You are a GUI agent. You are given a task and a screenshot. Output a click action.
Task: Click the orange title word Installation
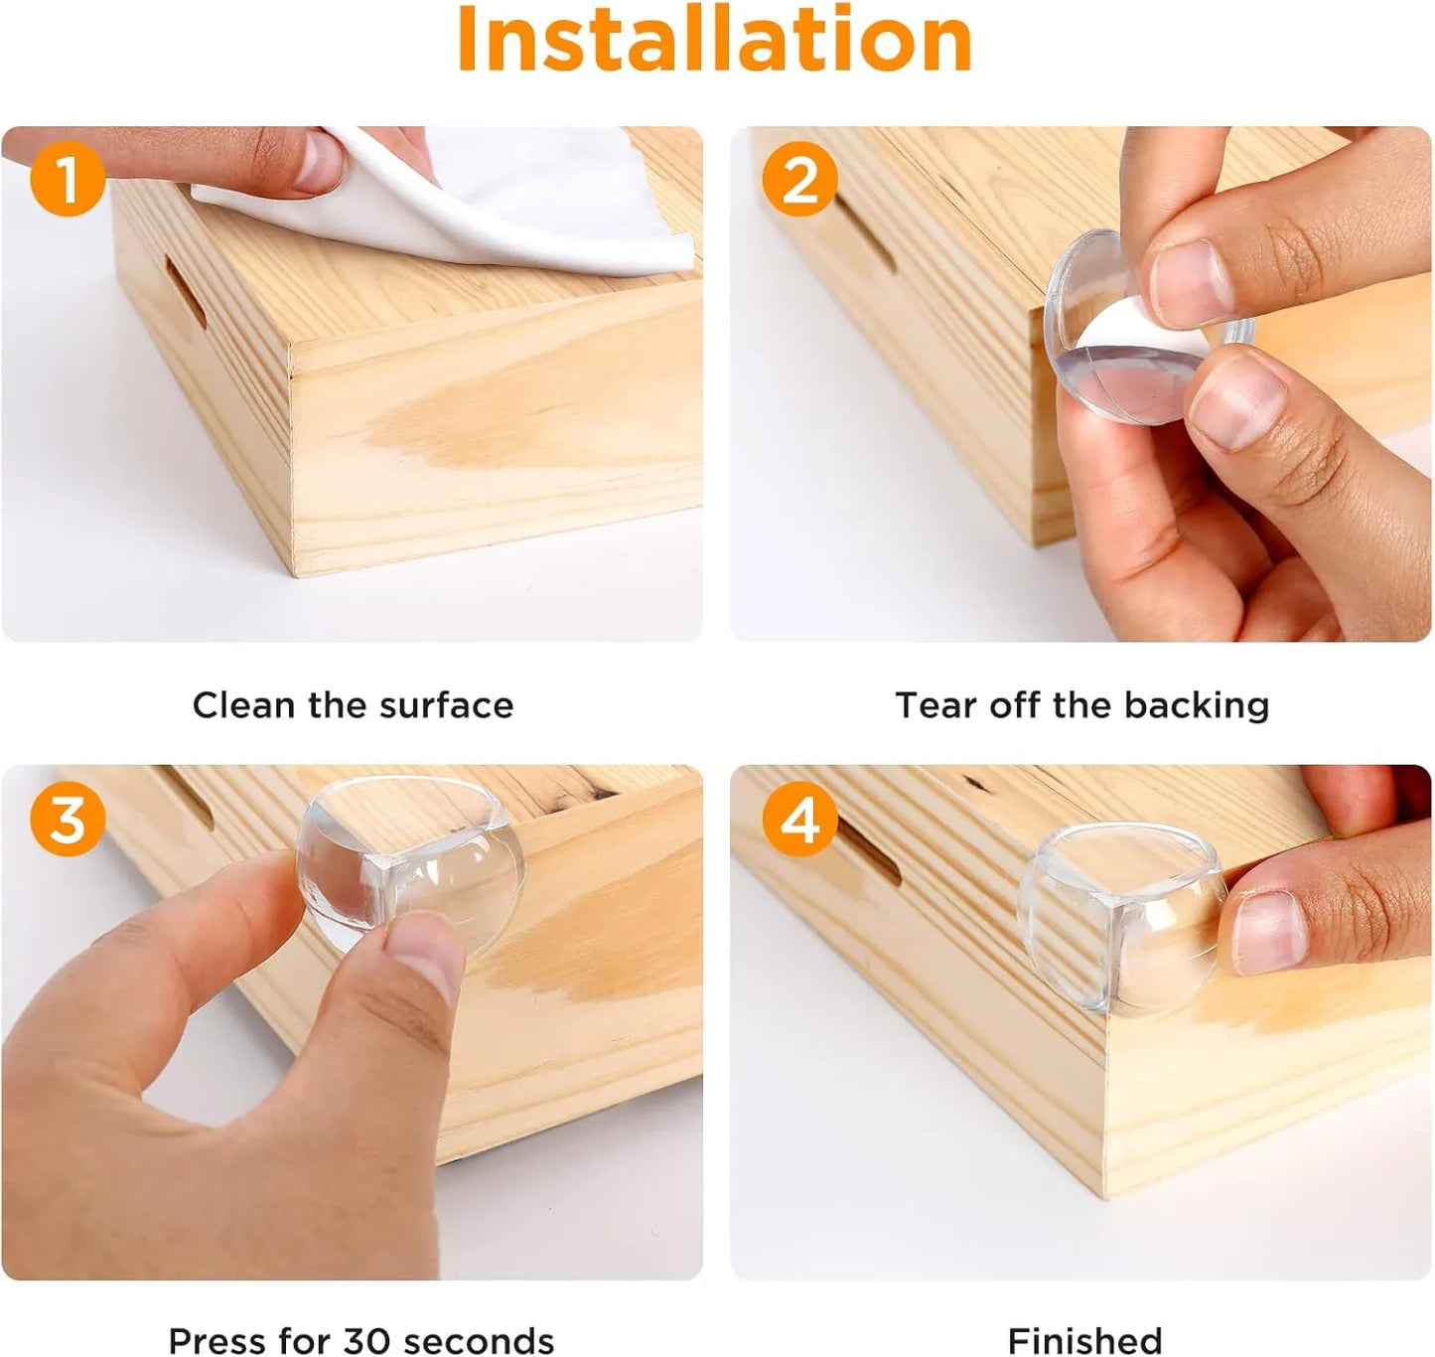tap(714, 38)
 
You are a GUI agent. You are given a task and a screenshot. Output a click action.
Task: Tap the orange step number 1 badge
tap(68, 178)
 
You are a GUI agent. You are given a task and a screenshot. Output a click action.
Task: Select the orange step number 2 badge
tap(799, 179)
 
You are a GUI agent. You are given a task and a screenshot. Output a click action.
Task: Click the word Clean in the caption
tap(243, 705)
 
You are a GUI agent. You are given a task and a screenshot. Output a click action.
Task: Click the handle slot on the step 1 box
tap(186, 291)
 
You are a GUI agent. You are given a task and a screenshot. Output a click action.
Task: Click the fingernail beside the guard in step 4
tap(1268, 934)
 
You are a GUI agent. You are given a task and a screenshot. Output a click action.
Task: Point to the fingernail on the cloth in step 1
tap(320, 161)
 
